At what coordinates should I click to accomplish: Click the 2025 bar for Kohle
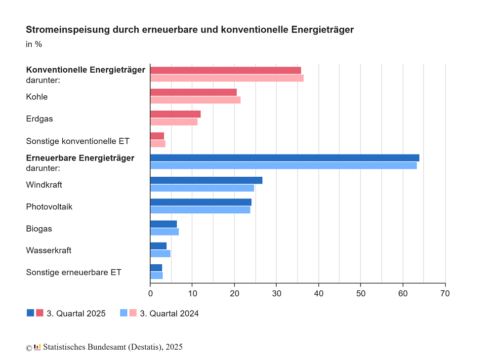coord(193,92)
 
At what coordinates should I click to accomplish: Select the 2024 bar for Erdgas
coord(174,122)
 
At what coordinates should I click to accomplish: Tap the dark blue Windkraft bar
coord(206,180)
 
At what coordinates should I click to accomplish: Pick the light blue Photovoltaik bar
coord(200,210)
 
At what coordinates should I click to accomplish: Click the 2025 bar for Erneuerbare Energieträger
coord(285,158)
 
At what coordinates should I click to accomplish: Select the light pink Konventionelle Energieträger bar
coord(227,78)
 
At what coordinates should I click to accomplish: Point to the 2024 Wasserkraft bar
coord(160,254)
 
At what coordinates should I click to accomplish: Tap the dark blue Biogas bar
coord(164,224)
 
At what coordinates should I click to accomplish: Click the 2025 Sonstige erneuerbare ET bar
coord(156,268)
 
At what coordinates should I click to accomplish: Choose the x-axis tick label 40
coord(319,293)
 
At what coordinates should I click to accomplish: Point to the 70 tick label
coord(445,293)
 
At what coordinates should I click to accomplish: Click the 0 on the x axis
coord(150,293)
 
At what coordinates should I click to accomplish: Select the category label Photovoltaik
coord(49,207)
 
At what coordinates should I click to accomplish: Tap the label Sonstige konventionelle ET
coord(78,141)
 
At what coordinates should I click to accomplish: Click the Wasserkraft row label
coord(48,250)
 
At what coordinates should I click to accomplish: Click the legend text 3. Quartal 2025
coord(76,314)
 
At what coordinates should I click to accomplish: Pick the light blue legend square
coord(123,313)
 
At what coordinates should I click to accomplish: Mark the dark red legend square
coord(40,313)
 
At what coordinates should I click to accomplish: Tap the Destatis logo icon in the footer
coord(37,346)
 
